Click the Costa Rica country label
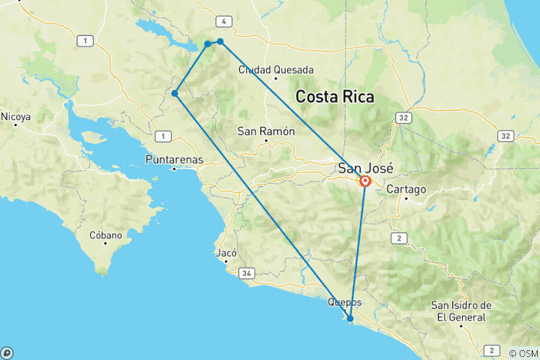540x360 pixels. tap(334, 96)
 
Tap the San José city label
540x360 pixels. tap(366, 168)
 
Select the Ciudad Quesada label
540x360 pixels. tap(275, 70)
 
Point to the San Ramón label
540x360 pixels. tap(266, 130)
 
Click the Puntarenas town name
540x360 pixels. tap(174, 160)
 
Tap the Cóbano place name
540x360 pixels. tap(105, 235)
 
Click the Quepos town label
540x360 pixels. tap(345, 302)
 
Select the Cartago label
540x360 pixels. tap(406, 190)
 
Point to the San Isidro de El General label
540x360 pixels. tap(461, 310)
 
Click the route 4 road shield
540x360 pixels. tap(223, 21)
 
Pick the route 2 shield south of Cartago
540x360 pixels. tap(400, 238)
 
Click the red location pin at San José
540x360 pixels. tap(365, 181)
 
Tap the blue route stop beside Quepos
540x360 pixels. tap(349, 319)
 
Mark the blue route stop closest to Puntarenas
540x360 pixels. tap(174, 94)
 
